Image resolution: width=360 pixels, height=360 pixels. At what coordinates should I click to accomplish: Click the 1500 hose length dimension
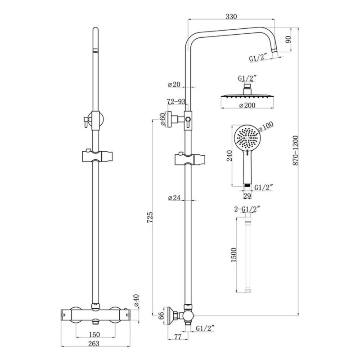click(x=233, y=256)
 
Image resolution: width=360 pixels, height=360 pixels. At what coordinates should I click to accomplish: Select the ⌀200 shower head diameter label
click(x=245, y=105)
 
